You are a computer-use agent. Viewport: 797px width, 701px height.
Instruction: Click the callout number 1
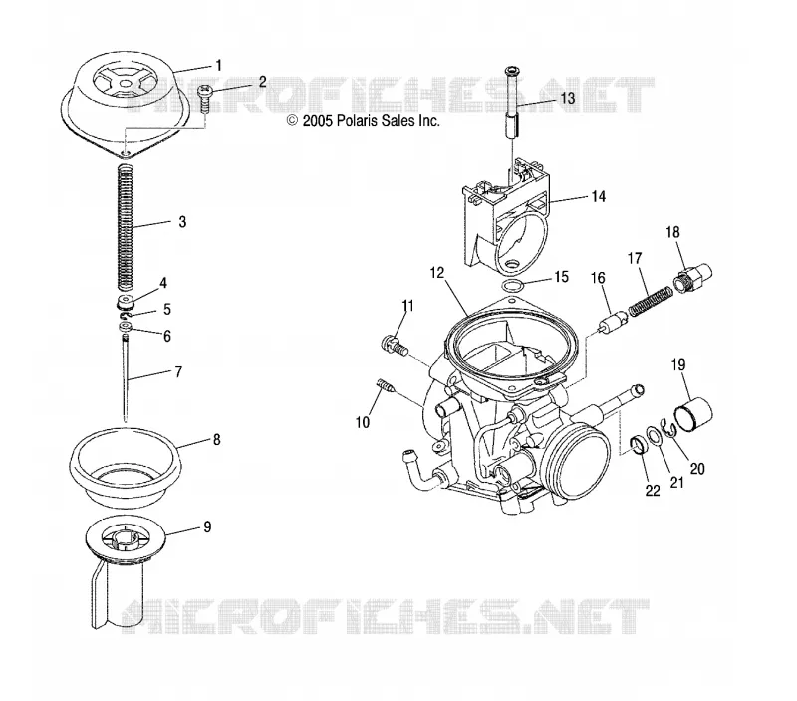click(x=218, y=66)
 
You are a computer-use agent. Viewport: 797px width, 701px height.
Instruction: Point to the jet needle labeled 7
click(x=125, y=378)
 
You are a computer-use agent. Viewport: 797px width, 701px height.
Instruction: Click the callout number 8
click(x=217, y=439)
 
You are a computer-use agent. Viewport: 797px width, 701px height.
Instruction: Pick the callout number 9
click(x=207, y=526)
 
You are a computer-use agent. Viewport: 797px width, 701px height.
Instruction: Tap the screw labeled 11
click(x=394, y=345)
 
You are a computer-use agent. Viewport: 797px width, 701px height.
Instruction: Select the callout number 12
click(x=436, y=273)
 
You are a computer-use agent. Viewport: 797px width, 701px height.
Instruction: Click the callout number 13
click(x=567, y=97)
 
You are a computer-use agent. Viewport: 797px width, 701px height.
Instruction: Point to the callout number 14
click(x=599, y=196)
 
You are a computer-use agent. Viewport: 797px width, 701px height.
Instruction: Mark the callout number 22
click(x=653, y=490)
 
